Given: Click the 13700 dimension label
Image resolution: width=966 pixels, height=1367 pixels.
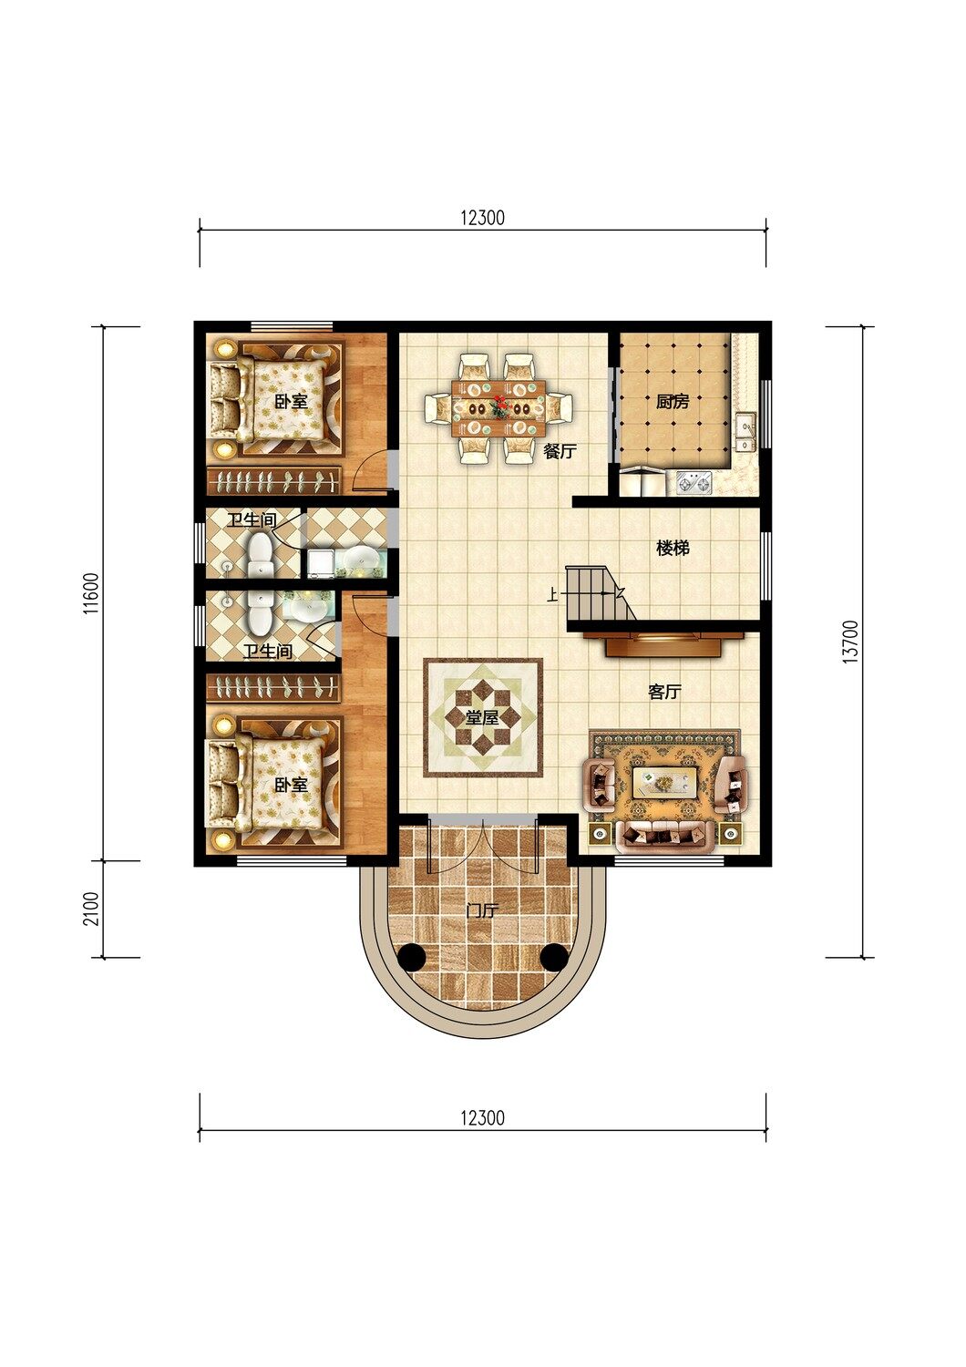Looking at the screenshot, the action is [852, 642].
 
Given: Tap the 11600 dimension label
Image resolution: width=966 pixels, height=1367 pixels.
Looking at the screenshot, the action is [91, 592].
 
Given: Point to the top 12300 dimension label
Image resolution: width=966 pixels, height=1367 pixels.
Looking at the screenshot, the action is [483, 217].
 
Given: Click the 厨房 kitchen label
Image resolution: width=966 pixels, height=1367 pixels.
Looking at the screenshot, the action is [673, 402].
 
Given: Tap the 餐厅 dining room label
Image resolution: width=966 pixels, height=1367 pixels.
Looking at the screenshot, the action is [560, 452].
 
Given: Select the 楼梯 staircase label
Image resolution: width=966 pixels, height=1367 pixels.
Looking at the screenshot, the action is [673, 549].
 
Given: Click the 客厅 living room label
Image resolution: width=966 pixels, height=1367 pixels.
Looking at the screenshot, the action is [664, 692].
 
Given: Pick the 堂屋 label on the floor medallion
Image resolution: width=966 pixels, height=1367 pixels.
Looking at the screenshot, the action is [482, 718].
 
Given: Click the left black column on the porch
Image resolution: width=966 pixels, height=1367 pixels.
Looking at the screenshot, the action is [411, 956].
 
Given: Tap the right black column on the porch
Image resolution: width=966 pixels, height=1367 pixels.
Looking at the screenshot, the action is [554, 956].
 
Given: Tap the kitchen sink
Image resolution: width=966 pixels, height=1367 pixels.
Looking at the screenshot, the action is [745, 431].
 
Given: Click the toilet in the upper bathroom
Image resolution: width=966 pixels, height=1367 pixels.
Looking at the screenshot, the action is [261, 555].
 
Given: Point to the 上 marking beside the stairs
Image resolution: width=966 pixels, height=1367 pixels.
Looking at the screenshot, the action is [553, 594].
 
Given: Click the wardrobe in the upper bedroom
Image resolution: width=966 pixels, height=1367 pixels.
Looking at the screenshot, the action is [273, 480].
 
